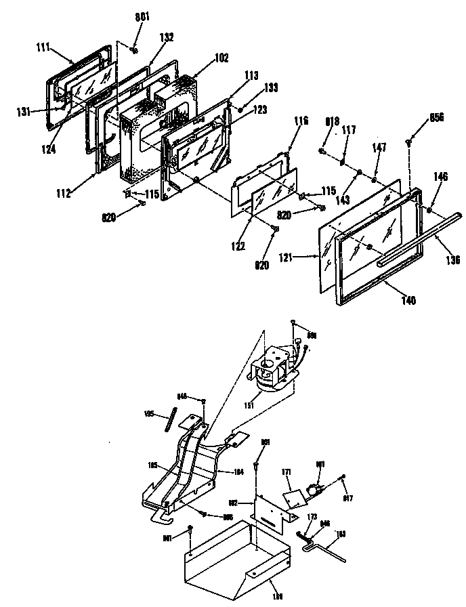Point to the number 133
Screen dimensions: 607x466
pos(252,87)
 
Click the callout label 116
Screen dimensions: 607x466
pos(301,121)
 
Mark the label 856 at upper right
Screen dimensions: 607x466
pos(436,117)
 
